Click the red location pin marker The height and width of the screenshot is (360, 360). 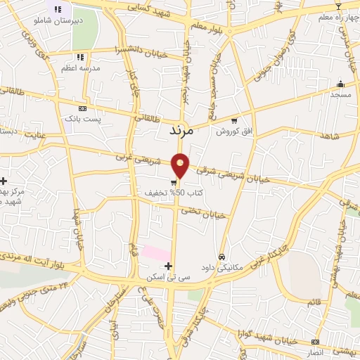[181, 165]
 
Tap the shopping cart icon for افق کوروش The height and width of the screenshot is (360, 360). [234, 120]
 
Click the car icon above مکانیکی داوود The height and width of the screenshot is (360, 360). [222, 257]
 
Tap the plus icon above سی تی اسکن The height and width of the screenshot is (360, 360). [167, 266]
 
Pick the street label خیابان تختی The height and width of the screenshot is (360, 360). [203, 212]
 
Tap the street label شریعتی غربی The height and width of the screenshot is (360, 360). [134, 159]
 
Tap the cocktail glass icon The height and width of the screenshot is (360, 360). [337, 6]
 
